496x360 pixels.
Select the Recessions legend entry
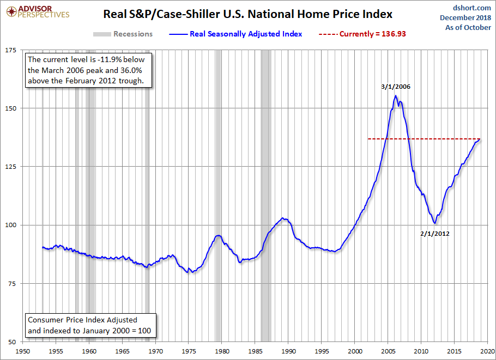(123, 34)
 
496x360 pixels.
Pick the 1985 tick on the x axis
(256, 351)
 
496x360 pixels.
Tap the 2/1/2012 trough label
(434, 234)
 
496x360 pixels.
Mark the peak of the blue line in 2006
(396, 96)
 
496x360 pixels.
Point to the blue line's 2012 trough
(434, 223)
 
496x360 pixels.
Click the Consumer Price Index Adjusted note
(82, 320)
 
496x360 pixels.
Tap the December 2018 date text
(464, 17)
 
